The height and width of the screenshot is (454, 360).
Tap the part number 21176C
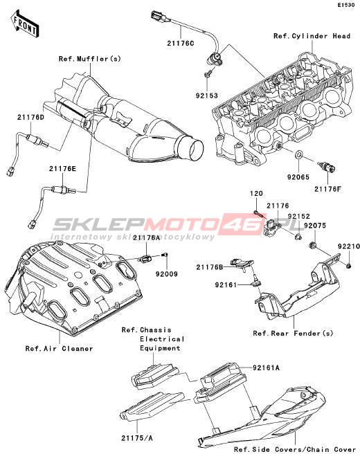[181, 44]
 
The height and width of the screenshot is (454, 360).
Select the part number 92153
[207, 96]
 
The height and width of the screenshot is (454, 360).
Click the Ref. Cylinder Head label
[312, 36]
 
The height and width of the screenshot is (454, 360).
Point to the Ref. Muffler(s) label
[90, 59]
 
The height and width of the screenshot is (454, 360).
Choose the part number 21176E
[62, 168]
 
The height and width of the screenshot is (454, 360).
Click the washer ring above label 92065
[299, 155]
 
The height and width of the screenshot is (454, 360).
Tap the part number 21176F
[328, 189]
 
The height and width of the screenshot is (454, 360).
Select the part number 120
[256, 193]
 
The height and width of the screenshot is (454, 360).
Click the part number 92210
[349, 246]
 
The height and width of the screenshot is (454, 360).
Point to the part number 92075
[315, 226]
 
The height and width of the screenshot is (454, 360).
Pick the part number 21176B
[210, 267]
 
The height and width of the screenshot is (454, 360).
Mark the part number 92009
[167, 273]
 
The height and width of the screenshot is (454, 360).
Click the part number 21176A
[147, 237]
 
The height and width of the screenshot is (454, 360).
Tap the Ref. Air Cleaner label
[59, 349]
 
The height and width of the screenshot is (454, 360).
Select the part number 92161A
[266, 367]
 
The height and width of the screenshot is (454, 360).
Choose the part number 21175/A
[137, 438]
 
